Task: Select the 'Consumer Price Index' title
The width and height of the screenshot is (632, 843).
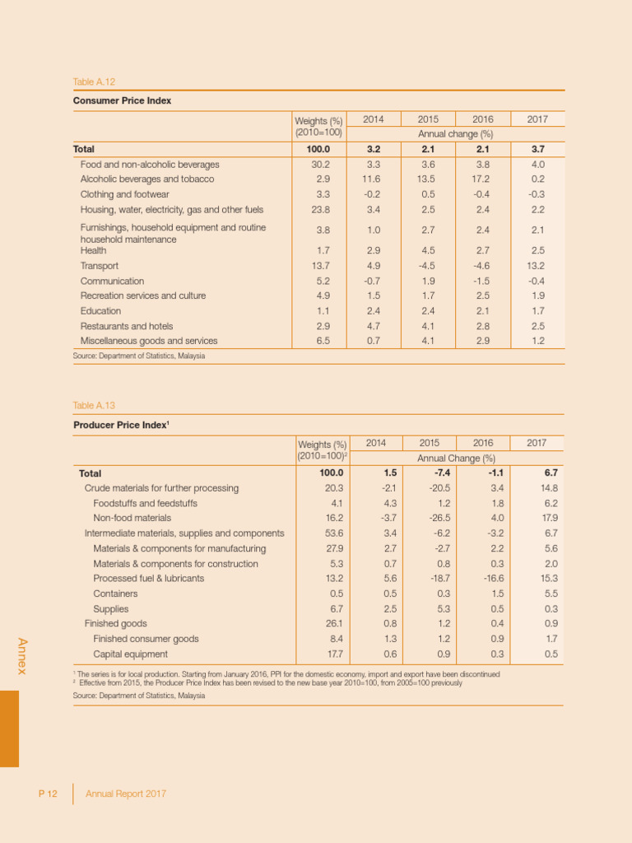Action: [x=122, y=100]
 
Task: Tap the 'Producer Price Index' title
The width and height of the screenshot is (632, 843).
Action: [x=120, y=424]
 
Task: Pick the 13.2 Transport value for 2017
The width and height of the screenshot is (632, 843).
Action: [x=537, y=266]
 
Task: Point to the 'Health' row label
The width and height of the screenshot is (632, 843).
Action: [x=94, y=250]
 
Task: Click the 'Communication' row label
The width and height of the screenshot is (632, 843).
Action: [x=112, y=281]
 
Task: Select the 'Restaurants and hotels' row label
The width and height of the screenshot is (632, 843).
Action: [x=126, y=326]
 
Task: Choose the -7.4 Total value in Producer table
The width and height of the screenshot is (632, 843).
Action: [x=428, y=473]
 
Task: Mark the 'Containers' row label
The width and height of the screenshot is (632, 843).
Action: [x=115, y=594]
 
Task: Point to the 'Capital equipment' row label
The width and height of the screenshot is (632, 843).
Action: [x=130, y=654]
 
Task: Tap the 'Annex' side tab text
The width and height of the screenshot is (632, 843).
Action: [x=23, y=656]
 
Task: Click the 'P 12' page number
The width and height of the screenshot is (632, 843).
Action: [x=47, y=794]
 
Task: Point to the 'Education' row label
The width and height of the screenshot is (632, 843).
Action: [x=100, y=311]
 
